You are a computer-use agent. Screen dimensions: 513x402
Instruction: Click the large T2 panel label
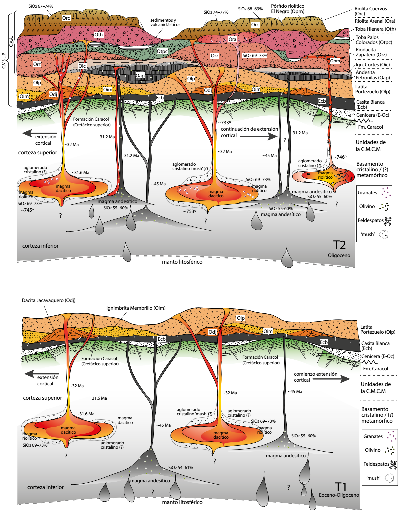(x=340, y=245)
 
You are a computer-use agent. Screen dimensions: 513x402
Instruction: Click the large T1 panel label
(x=341, y=487)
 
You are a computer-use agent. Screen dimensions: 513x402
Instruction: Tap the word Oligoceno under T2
(x=339, y=255)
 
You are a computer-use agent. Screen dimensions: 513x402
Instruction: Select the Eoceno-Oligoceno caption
(x=339, y=495)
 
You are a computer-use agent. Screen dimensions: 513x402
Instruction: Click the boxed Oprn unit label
(x=335, y=61)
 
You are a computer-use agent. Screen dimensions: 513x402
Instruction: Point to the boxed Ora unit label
(x=232, y=39)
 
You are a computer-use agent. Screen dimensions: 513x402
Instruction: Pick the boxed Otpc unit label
(x=162, y=51)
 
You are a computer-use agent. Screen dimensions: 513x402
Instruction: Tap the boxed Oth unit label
(x=98, y=35)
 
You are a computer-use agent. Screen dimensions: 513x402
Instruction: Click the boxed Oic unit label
(x=82, y=66)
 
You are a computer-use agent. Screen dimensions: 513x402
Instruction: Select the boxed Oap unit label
(x=140, y=76)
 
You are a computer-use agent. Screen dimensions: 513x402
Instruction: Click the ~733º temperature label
(x=224, y=123)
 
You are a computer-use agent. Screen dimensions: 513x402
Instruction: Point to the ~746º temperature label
(x=340, y=157)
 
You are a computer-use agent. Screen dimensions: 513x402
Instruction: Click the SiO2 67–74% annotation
(x=41, y=6)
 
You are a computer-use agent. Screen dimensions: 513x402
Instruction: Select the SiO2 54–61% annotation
(x=181, y=467)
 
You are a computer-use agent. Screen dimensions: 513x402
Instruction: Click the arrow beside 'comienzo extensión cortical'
(x=331, y=379)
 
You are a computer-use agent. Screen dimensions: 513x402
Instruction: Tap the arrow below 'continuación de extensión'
(x=259, y=136)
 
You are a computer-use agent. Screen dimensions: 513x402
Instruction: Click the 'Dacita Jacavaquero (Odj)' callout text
(x=48, y=300)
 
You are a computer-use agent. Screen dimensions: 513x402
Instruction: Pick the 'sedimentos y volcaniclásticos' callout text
(x=165, y=22)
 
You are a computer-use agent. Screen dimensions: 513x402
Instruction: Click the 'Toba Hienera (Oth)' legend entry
(x=375, y=29)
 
